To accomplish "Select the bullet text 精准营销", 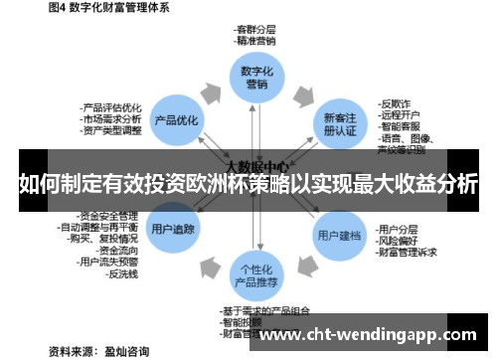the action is (256, 42).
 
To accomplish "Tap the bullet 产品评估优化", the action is (112, 105).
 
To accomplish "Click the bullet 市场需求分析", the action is (112, 117).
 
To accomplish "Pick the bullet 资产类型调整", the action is (112, 129).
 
